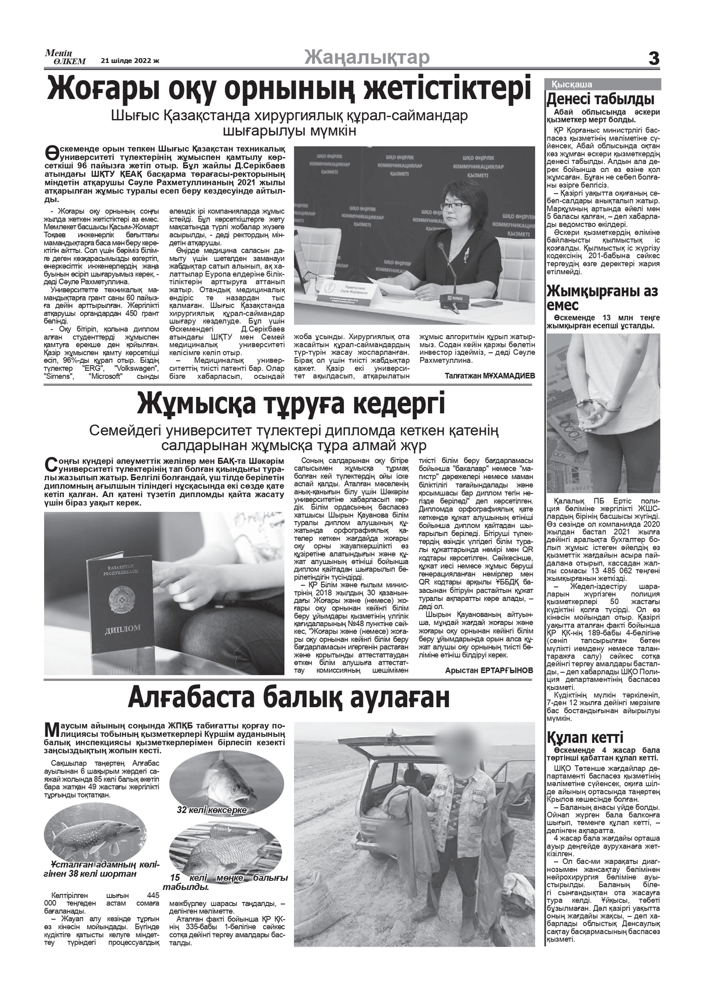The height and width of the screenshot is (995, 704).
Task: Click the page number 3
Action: (653, 59)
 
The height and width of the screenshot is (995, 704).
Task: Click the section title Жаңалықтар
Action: (367, 58)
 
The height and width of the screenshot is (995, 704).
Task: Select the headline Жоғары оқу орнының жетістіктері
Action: (289, 89)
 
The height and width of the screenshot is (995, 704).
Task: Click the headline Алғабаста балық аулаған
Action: (289, 698)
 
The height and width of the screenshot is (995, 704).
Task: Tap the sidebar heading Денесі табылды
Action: (600, 98)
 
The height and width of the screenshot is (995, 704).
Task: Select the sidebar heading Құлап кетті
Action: (585, 737)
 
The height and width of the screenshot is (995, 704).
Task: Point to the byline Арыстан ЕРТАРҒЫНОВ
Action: (489, 670)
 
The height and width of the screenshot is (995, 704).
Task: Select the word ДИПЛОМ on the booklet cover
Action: (122, 629)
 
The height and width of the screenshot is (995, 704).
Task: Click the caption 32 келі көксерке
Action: (211, 810)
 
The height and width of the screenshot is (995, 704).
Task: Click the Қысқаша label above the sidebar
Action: (572, 84)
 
